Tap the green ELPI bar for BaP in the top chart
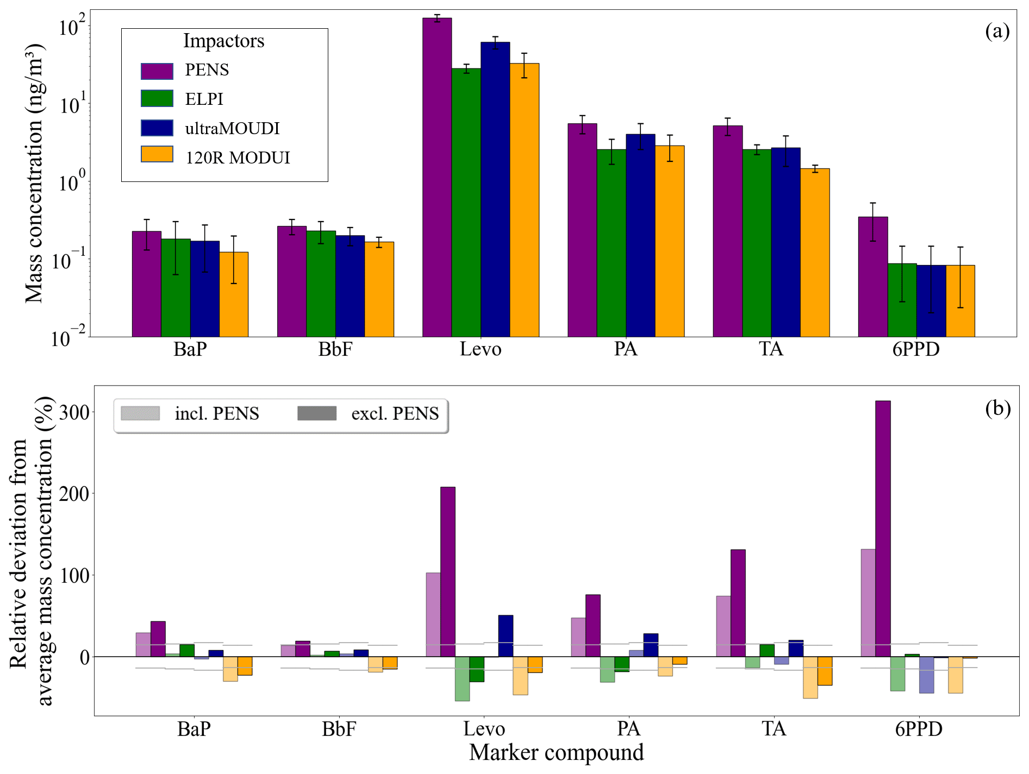pos(176,287)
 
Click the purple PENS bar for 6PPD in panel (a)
pos(873,276)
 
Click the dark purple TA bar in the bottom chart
pos(738,603)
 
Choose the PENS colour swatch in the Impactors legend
pos(157,71)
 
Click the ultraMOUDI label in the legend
pos(232,128)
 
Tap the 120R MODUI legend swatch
pos(157,155)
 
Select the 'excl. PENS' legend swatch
pos(317,413)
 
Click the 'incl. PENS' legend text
pos(217,413)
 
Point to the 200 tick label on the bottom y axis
pos(74,494)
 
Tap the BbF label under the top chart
pos(335,349)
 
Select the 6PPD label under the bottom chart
pos(918,728)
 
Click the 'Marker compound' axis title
pos(556,753)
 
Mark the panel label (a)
pos(997,32)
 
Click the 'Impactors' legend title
pos(223,41)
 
